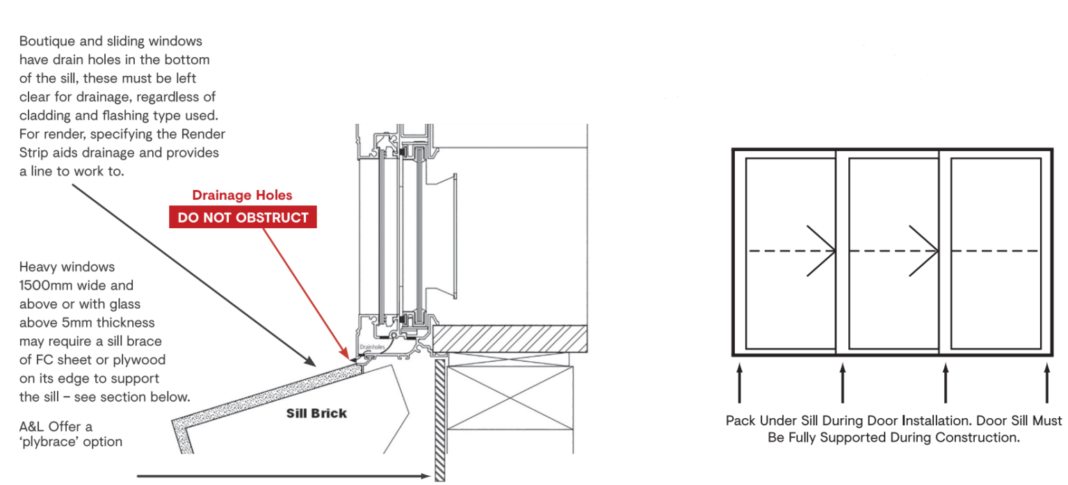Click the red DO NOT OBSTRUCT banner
click(243, 217)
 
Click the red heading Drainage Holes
click(242, 196)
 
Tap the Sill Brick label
click(316, 413)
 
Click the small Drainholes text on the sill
click(372, 346)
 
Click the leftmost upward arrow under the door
click(740, 383)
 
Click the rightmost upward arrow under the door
click(1047, 383)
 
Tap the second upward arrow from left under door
click(843, 383)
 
